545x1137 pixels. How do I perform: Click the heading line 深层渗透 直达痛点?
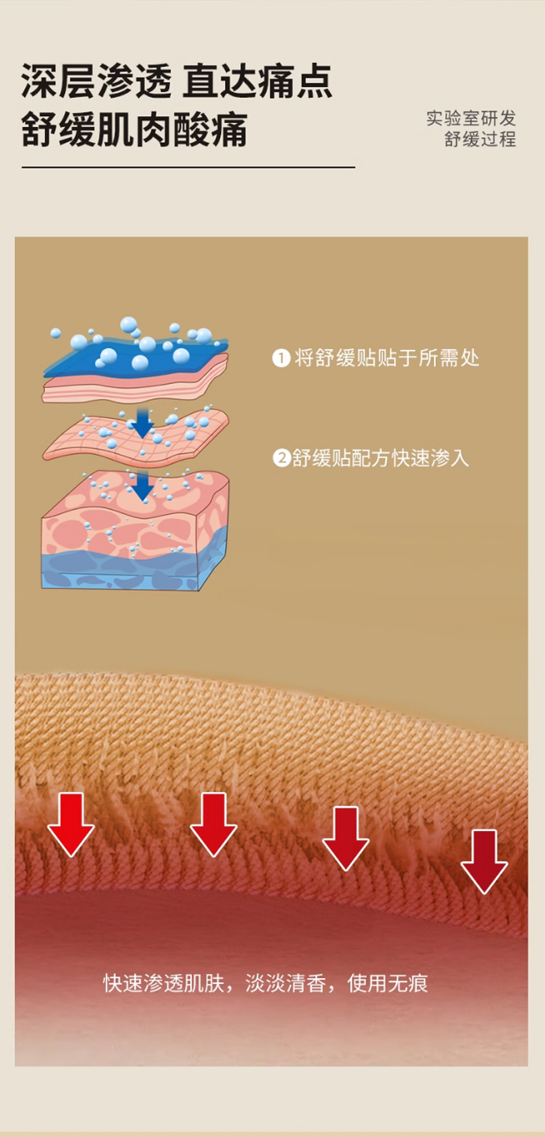(x=177, y=81)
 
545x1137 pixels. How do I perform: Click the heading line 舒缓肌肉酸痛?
(x=134, y=130)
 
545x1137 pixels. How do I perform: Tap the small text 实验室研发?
(x=470, y=118)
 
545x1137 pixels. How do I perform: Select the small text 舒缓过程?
(x=479, y=139)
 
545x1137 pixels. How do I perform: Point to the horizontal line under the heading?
(x=188, y=167)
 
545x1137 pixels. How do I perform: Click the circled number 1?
(x=281, y=358)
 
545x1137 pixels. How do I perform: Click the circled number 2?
(x=281, y=458)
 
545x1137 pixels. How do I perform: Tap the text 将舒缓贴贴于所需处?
(x=386, y=358)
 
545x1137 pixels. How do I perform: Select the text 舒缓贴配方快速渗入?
(x=380, y=458)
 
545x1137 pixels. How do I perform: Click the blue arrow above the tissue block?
(x=142, y=485)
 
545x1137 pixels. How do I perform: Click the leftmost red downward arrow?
(x=70, y=824)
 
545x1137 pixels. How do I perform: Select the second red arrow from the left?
(x=214, y=824)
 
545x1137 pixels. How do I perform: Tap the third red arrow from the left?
(x=346, y=837)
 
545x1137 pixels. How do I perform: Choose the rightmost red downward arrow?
(x=484, y=861)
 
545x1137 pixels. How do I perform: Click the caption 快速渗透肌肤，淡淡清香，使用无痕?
(x=266, y=983)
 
